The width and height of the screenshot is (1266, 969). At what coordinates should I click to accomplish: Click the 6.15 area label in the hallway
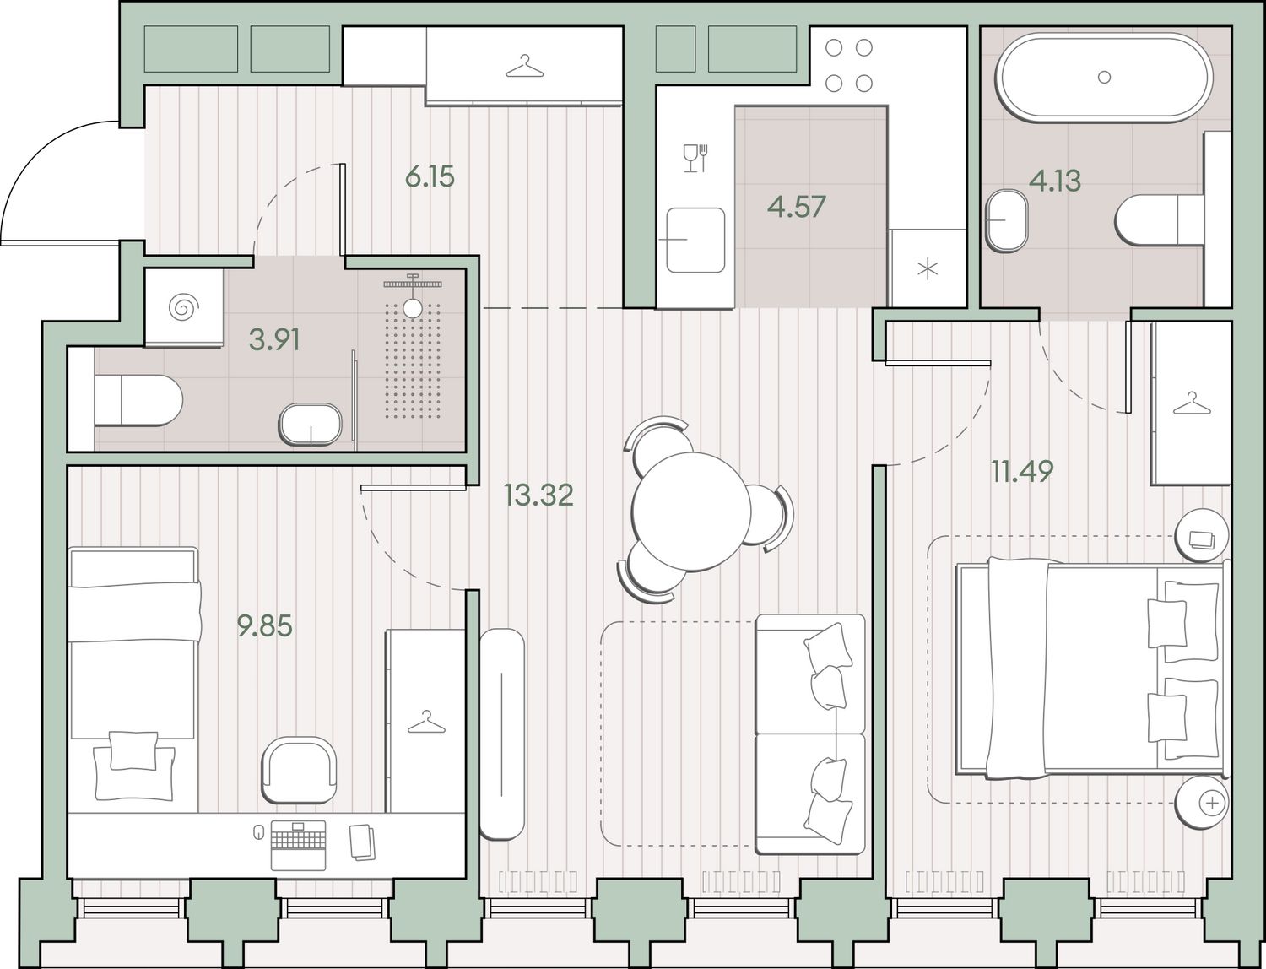coord(430,176)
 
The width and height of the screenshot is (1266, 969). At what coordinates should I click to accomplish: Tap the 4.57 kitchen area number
coord(797,207)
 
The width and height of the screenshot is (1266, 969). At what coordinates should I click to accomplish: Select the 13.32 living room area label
coord(538,495)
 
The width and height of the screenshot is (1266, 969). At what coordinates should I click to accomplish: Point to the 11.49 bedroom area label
coord(1022,471)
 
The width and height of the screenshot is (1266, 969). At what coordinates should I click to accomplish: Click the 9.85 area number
coord(265,625)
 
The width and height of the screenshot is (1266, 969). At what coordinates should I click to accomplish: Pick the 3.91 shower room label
coord(274,339)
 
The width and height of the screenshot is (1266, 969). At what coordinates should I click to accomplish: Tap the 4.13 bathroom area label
coord(1055,181)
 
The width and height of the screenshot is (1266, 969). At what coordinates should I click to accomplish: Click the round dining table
coord(691,511)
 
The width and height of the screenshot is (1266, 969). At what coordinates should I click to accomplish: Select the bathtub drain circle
coord(1104,77)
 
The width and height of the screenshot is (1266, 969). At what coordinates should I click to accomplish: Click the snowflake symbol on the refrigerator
coord(927,268)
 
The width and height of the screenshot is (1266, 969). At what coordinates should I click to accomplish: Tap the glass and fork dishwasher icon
coord(695,158)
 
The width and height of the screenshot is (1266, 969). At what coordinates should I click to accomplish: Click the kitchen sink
coord(695,240)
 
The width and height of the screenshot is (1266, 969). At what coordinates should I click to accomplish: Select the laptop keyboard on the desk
coord(298,845)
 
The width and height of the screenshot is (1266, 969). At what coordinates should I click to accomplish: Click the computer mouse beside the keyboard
coord(259,831)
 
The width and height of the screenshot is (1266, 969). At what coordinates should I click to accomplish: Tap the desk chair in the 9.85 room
coord(299,770)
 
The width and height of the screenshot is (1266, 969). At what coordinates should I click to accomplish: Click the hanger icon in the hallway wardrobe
coord(524,66)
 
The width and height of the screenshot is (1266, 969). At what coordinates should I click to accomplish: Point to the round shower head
coord(413,308)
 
